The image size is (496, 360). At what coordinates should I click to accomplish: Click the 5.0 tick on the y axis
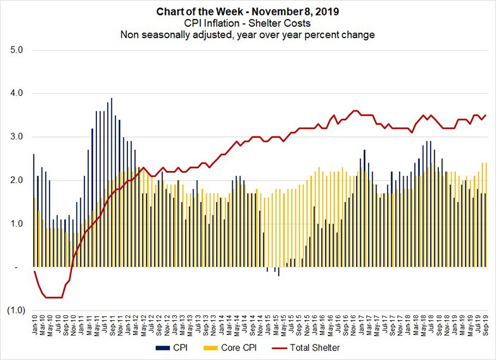tap(17, 50)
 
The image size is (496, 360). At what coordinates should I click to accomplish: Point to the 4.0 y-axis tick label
tap(17, 94)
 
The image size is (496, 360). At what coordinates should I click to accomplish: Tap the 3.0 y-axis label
tap(17, 137)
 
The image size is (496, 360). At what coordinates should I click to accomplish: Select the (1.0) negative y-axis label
tap(15, 311)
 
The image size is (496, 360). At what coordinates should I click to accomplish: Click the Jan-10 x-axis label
tap(35, 327)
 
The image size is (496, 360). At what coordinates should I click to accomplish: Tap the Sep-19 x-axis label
tap(487, 327)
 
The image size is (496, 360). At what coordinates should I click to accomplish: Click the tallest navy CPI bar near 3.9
tap(111, 179)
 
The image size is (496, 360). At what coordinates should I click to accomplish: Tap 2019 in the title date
tap(322, 12)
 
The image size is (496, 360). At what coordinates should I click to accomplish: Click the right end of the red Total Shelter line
tap(486, 116)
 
